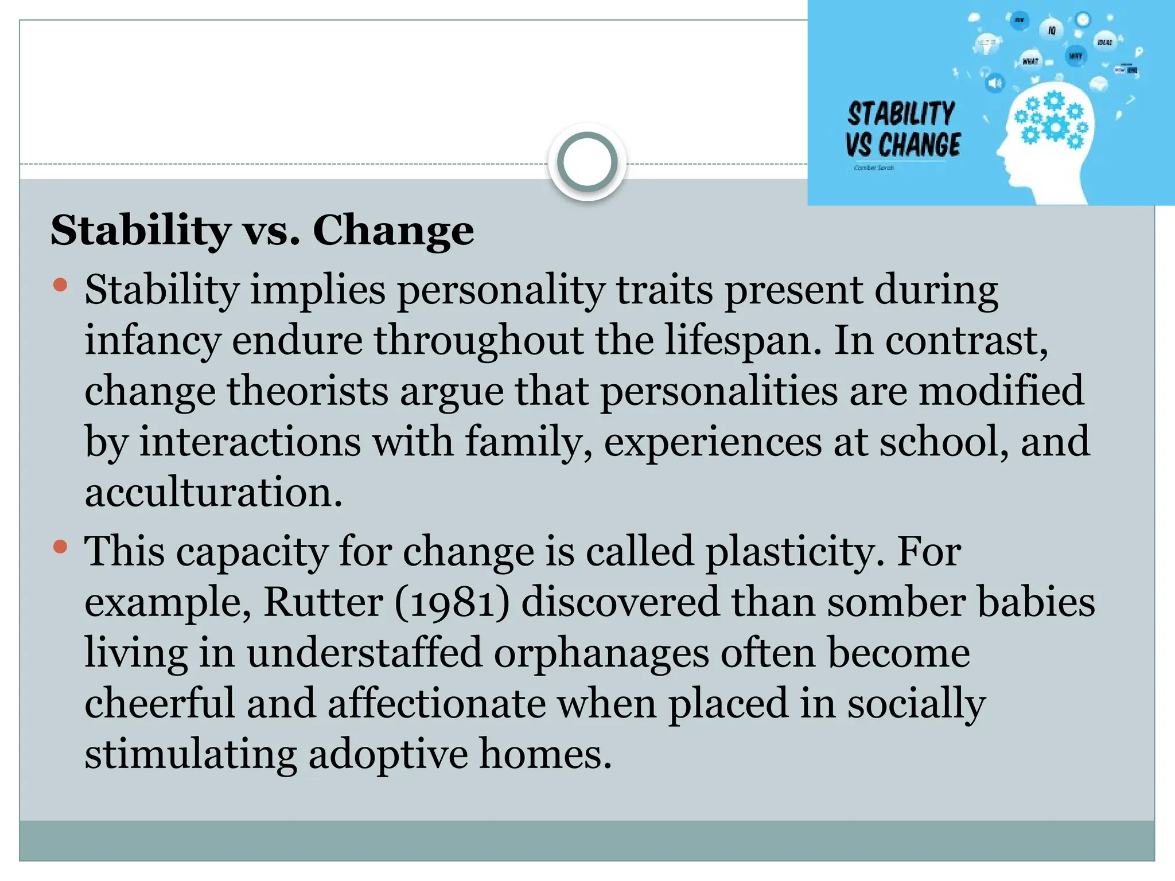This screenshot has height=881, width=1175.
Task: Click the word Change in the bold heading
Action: [393, 231]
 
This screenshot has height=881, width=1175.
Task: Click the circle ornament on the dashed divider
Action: [587, 162]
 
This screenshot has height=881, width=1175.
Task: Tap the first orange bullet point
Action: [60, 285]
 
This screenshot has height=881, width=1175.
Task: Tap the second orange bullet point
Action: [60, 547]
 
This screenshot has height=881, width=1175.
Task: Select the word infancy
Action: [152, 341]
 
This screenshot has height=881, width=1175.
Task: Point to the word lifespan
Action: [742, 341]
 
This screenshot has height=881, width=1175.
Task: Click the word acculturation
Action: [213, 492]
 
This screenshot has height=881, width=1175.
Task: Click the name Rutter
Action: [323, 602]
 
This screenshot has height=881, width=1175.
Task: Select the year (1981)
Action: [452, 602]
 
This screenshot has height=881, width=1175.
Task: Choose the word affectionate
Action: [436, 703]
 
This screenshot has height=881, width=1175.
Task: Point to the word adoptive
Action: [388, 754]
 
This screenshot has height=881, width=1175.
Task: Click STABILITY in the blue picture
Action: [901, 114]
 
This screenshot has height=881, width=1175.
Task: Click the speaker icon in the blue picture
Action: [995, 84]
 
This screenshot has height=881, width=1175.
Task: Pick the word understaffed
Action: [364, 653]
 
